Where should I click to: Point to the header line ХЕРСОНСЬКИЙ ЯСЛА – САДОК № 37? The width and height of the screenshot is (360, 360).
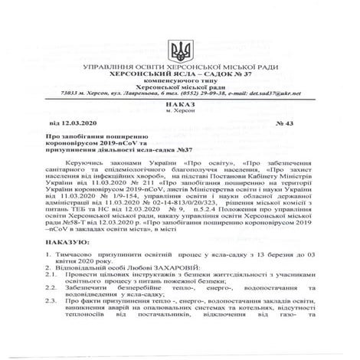coord(180,76)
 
